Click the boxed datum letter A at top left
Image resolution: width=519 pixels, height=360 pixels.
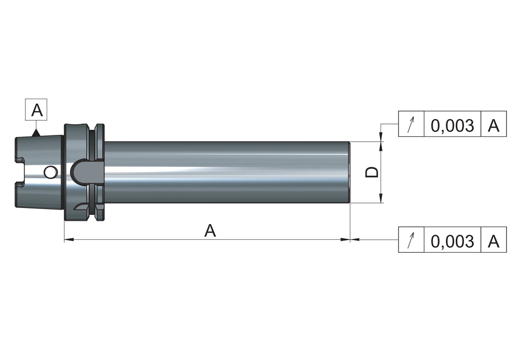pyautogui.click(x=37, y=110)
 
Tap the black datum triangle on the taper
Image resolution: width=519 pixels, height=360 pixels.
pyautogui.click(x=35, y=133)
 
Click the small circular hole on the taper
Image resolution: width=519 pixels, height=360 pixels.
pyautogui.click(x=50, y=172)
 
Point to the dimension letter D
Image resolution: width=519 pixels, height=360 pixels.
pyautogui.click(x=372, y=172)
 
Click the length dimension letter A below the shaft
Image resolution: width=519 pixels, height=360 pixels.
pyautogui.click(x=210, y=230)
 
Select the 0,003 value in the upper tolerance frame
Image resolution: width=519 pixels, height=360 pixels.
pyautogui.click(x=452, y=126)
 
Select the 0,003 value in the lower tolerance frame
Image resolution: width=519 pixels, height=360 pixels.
pyautogui.click(x=452, y=242)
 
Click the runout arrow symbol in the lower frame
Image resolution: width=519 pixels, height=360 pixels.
pyautogui.click(x=411, y=240)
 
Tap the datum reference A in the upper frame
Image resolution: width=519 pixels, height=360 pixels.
pyautogui.click(x=494, y=126)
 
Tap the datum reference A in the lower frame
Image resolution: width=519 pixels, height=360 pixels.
pyautogui.click(x=494, y=242)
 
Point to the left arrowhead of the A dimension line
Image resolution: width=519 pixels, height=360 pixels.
pyautogui.click(x=69, y=239)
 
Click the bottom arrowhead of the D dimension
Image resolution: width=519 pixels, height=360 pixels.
pyautogui.click(x=381, y=198)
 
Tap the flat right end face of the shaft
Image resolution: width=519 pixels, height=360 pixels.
pyautogui.click(x=349, y=172)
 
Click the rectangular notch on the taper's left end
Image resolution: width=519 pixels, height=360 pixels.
pyautogui.click(x=20, y=172)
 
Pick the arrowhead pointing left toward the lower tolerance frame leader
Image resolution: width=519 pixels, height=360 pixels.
pyautogui.click(x=354, y=239)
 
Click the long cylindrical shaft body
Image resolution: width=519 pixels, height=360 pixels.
pyautogui.click(x=227, y=172)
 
